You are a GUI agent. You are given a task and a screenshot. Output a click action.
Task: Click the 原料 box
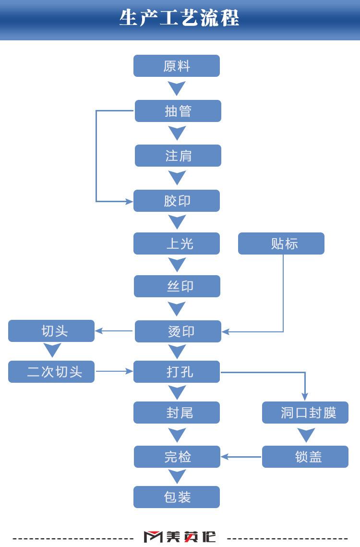pyautogui.click(x=177, y=66)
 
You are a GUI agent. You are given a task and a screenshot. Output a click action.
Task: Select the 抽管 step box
pyautogui.click(x=178, y=111)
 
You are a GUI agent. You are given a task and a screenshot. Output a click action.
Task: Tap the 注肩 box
pyautogui.click(x=178, y=156)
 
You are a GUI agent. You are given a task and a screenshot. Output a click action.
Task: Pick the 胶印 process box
pyautogui.click(x=177, y=201)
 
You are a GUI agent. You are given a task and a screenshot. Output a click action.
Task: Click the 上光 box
pyautogui.click(x=177, y=243)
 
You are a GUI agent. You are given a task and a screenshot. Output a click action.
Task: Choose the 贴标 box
pyautogui.click(x=281, y=243)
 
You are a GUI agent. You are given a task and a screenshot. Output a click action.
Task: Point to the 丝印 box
pyautogui.click(x=177, y=286)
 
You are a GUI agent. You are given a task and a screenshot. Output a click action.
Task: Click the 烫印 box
pyautogui.click(x=178, y=331)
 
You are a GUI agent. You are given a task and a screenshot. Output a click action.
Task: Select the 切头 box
pyautogui.click(x=51, y=331)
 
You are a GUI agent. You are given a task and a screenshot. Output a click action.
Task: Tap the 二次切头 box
pyautogui.click(x=51, y=372)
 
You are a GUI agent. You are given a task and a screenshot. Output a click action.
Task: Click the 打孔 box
pyautogui.click(x=177, y=372)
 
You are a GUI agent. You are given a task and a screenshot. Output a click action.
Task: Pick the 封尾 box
pyautogui.click(x=177, y=413)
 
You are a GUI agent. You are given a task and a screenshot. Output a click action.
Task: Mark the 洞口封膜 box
pyautogui.click(x=305, y=413)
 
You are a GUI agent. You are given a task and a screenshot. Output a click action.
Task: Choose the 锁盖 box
pyautogui.click(x=305, y=457)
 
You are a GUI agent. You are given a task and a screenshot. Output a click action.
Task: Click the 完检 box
pyautogui.click(x=177, y=457)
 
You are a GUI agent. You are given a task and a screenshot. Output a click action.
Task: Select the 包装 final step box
pyautogui.click(x=177, y=497)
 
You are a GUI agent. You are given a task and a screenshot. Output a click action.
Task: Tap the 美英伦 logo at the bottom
pyautogui.click(x=180, y=537)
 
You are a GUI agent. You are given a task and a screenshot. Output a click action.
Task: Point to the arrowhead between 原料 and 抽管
pyautogui.click(x=177, y=88)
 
